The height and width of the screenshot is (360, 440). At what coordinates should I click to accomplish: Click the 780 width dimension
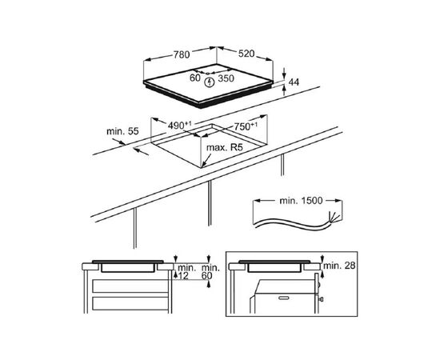[182, 54]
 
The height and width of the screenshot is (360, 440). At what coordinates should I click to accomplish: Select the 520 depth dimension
[246, 54]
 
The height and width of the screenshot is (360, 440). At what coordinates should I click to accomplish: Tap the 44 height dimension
[294, 82]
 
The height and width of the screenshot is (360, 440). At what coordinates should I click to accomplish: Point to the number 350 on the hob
[226, 78]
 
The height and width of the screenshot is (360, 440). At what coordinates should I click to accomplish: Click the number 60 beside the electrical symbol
[194, 78]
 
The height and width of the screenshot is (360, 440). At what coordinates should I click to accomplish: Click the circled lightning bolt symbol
[209, 82]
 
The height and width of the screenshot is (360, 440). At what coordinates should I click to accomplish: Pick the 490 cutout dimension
[179, 125]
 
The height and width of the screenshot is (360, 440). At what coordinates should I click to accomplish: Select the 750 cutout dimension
[246, 126]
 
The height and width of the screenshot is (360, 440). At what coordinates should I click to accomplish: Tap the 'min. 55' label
[122, 131]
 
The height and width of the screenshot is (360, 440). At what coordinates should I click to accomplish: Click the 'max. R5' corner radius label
[225, 147]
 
